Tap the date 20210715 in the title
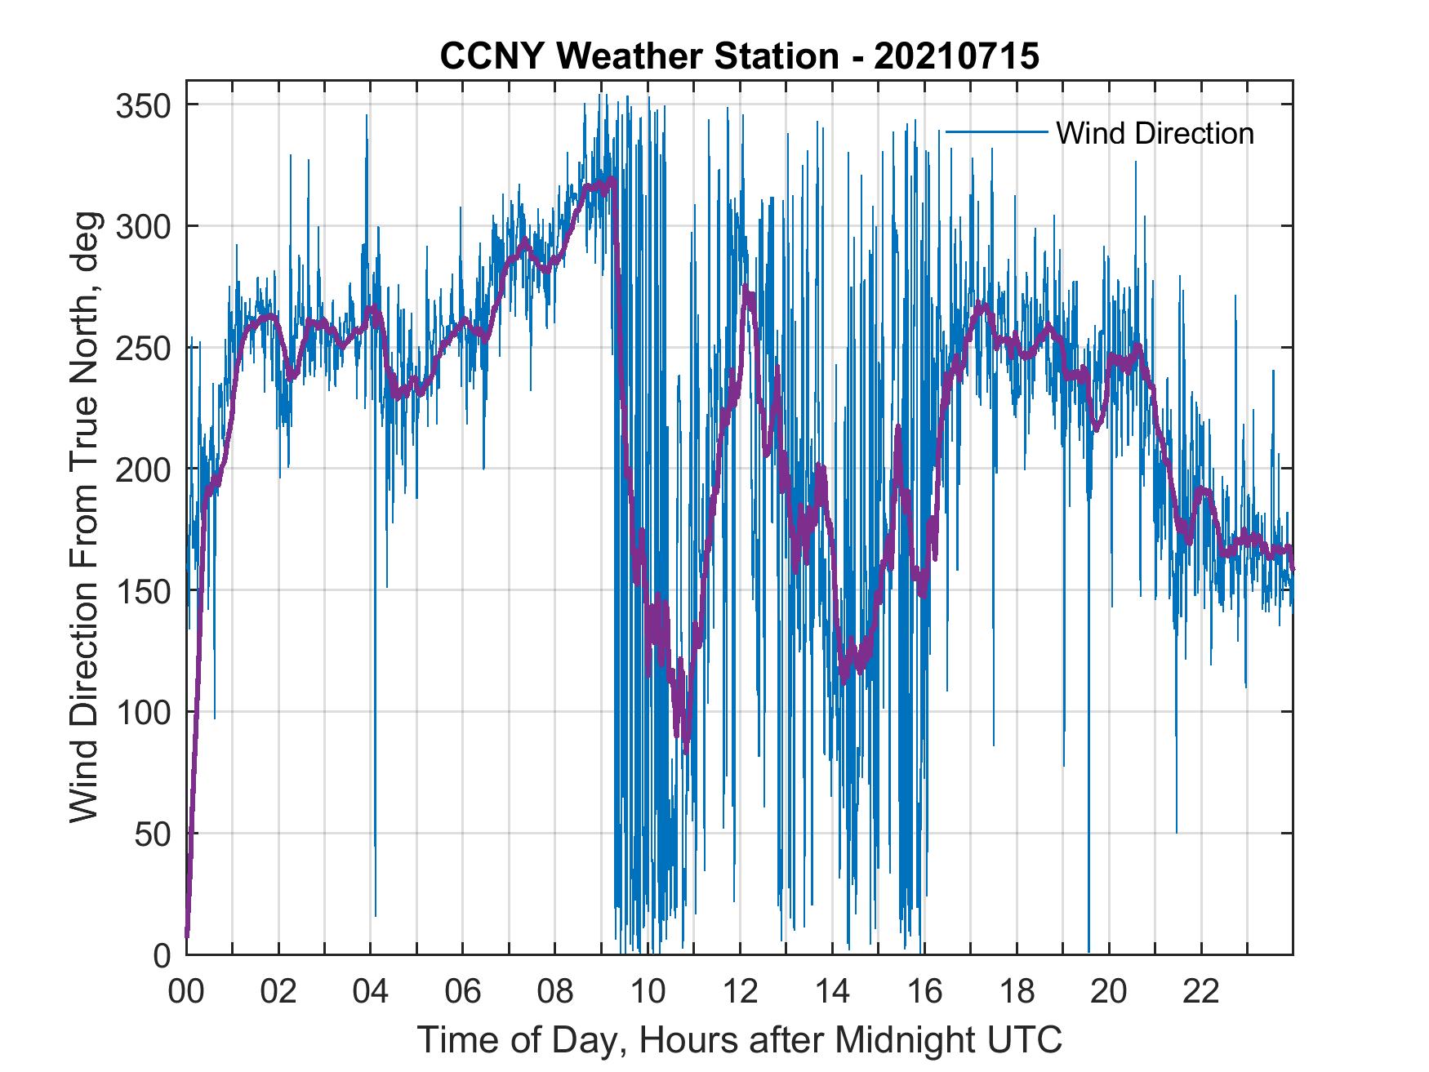tap(956, 56)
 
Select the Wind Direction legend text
tap(1155, 133)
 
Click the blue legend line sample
tap(996, 131)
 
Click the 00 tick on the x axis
tap(186, 991)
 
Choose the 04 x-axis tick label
tap(371, 991)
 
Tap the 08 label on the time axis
tap(555, 991)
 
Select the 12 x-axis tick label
tap(740, 991)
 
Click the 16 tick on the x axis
tap(924, 991)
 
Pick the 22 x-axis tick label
tap(1201, 991)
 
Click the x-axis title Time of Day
tap(740, 1040)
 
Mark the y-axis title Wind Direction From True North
tap(84, 518)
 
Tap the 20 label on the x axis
tap(1109, 991)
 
